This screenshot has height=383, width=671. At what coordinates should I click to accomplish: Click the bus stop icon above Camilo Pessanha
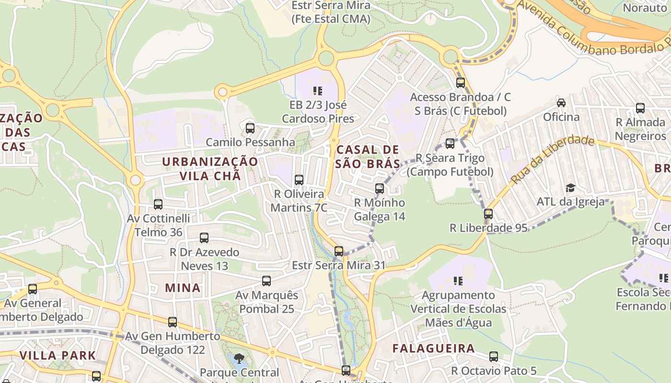pos(250,128)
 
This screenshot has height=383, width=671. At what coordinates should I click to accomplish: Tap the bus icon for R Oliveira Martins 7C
pos(299,180)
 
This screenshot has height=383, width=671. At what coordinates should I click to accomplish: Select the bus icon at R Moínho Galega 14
pos(380,189)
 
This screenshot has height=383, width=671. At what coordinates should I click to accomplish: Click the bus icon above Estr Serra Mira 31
pos(339,251)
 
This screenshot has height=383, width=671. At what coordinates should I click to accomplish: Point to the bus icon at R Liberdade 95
pos(488,214)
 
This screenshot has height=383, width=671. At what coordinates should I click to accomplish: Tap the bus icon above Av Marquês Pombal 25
pos(266,281)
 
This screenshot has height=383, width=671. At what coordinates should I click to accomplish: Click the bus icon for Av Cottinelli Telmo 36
pos(158,204)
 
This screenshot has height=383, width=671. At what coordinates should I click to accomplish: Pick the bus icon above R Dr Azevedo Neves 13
pos(204,238)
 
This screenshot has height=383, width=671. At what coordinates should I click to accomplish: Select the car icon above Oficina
pos(561,102)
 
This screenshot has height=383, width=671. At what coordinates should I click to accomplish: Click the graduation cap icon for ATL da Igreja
pos(570,188)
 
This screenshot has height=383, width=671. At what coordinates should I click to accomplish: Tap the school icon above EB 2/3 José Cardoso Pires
pos(317,90)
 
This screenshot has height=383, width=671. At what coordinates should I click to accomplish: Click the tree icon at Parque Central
pos(239,358)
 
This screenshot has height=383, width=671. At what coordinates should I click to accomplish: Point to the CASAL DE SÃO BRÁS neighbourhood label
pos(368,157)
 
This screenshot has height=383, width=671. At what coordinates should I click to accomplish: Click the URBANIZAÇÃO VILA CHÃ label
pos(210,169)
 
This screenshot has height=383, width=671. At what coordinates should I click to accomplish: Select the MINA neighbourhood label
pos(183,288)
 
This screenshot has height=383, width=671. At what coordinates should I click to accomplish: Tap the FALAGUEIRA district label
pos(433,348)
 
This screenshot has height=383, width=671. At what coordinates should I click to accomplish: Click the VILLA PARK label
pos(58,355)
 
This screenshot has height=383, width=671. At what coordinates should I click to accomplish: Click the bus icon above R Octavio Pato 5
pos(494,357)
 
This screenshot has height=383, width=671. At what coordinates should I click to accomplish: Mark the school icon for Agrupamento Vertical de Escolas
pos(458,281)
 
